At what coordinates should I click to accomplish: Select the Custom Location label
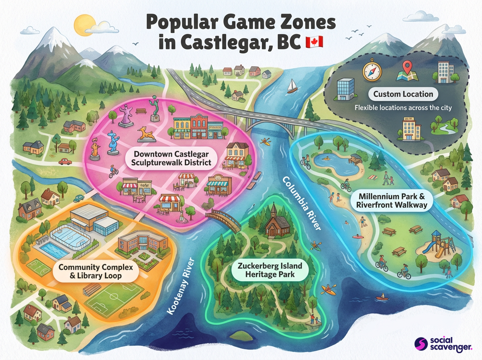point(403,94)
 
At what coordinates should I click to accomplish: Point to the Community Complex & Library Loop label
point(96,271)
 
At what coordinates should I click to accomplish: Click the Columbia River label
point(302,203)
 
